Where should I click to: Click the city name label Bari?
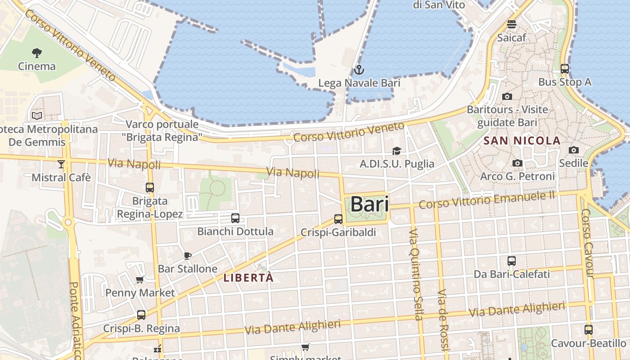pos(369,204)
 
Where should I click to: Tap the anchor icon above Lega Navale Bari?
pos(359,70)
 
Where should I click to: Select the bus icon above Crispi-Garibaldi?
pos(338,219)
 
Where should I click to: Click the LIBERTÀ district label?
pos(248,278)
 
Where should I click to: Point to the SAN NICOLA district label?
pos(522,141)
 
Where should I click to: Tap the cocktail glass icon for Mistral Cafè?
pos(61,164)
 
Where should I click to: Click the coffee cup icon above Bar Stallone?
pos(188,256)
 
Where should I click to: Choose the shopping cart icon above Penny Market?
pos(140,280)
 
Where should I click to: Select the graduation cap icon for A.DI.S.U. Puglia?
pos(396,151)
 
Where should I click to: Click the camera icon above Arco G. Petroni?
pos(517,163)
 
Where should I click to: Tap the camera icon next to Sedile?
pos(574,150)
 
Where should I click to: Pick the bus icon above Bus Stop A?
pos(565,69)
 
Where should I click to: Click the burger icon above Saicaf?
pos(512,24)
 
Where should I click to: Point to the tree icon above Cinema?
pos(37,53)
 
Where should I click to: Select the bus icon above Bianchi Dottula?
pos(235,218)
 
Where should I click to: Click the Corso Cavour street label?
pos(588,243)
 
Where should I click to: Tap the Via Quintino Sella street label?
pos(415,274)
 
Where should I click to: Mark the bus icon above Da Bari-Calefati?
pos(512,261)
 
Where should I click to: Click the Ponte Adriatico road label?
pos(75,319)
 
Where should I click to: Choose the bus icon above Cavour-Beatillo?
pos(589,329)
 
